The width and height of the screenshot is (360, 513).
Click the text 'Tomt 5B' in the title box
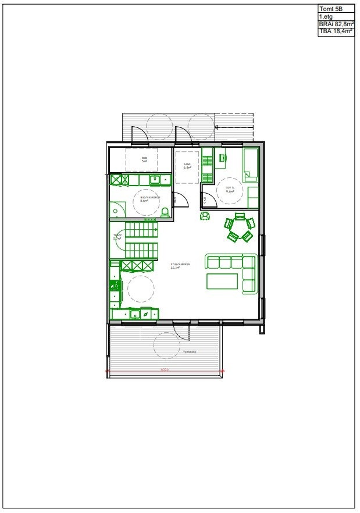pyautogui.click(x=328, y=9)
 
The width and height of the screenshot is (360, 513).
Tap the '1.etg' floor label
pyautogui.click(x=325, y=17)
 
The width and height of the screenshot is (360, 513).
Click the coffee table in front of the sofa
pyautogui.click(x=222, y=281)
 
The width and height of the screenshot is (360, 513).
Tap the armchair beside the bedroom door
pyautogui.click(x=205, y=216)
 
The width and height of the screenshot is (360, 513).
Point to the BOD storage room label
pyautogui.click(x=144, y=159)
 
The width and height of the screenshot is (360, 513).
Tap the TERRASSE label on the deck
pyautogui.click(x=190, y=352)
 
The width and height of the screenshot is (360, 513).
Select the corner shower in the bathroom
pyautogui.click(x=118, y=209)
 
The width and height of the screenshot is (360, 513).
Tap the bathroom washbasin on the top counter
pyautogui.click(x=155, y=180)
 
